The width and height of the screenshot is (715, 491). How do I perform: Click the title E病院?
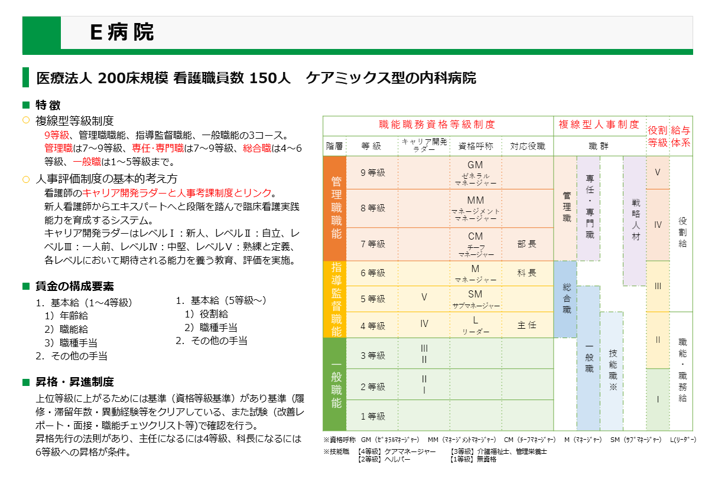pos(122,32)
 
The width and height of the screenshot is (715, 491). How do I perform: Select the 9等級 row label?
pos(372,172)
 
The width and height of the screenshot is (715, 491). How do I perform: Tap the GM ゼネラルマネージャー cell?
pos(475,173)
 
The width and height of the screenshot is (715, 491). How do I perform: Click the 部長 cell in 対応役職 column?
pos(527,244)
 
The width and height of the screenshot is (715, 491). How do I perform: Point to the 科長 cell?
pos(527,273)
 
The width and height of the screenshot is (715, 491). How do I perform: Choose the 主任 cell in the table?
pos(527,325)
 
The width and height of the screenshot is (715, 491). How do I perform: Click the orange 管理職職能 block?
pos(334,208)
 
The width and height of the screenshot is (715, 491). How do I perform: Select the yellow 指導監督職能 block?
pos(334,299)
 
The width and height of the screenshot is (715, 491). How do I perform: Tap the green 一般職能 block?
pos(334,384)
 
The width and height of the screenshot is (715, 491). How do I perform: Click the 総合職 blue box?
pos(565,299)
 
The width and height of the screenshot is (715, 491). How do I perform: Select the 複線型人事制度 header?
pos(599,125)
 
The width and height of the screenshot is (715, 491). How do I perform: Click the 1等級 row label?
pos(372,416)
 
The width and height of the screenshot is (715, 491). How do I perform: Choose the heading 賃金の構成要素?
pos(74,286)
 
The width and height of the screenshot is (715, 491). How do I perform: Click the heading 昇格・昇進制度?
pos(74,382)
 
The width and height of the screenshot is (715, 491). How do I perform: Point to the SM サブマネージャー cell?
pos(475,299)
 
